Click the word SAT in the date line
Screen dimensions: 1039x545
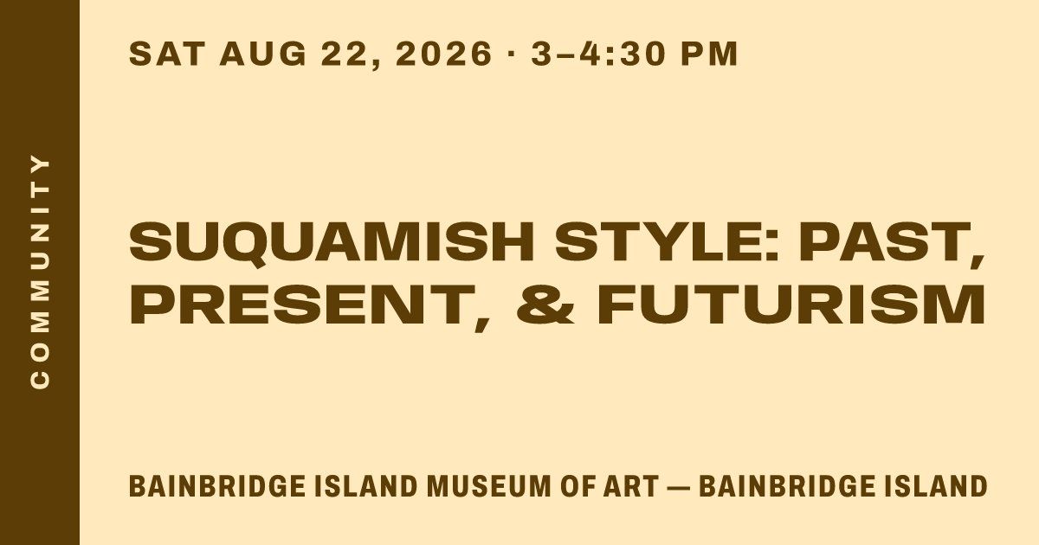167,54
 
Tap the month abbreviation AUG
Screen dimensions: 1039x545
263,54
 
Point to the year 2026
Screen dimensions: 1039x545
443,54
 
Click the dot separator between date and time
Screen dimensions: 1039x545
512,54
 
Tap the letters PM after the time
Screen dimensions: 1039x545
709,54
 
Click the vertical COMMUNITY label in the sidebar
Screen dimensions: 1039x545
40,272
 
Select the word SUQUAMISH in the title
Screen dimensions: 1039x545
332,243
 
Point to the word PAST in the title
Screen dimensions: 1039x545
892,244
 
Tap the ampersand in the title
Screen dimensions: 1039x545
545,304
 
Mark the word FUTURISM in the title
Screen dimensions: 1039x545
791,304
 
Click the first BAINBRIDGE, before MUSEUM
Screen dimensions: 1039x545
217,486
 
